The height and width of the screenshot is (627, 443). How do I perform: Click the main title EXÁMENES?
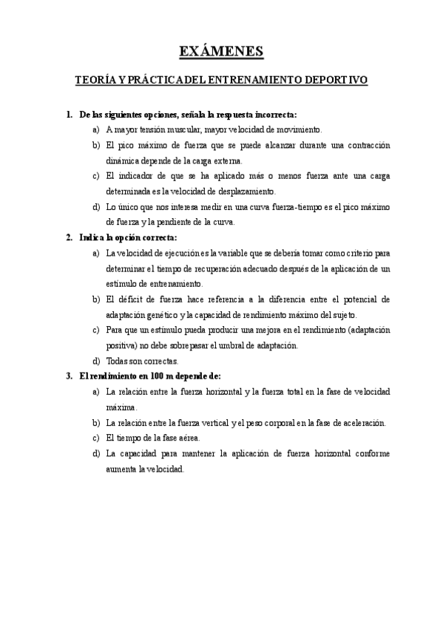pyautogui.click(x=221, y=51)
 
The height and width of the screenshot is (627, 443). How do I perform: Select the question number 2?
pyautogui.click(x=69, y=237)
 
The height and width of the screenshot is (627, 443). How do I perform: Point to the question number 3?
pyautogui.click(x=69, y=376)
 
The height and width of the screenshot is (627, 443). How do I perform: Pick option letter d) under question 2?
pyautogui.click(x=96, y=362)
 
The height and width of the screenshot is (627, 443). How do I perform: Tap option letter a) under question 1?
pyautogui.click(x=96, y=129)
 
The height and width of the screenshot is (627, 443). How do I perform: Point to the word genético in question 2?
pyautogui.click(x=160, y=314)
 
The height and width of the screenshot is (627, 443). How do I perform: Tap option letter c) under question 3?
pyautogui.click(x=96, y=438)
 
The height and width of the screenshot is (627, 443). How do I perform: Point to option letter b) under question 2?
pyautogui.click(x=96, y=299)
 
